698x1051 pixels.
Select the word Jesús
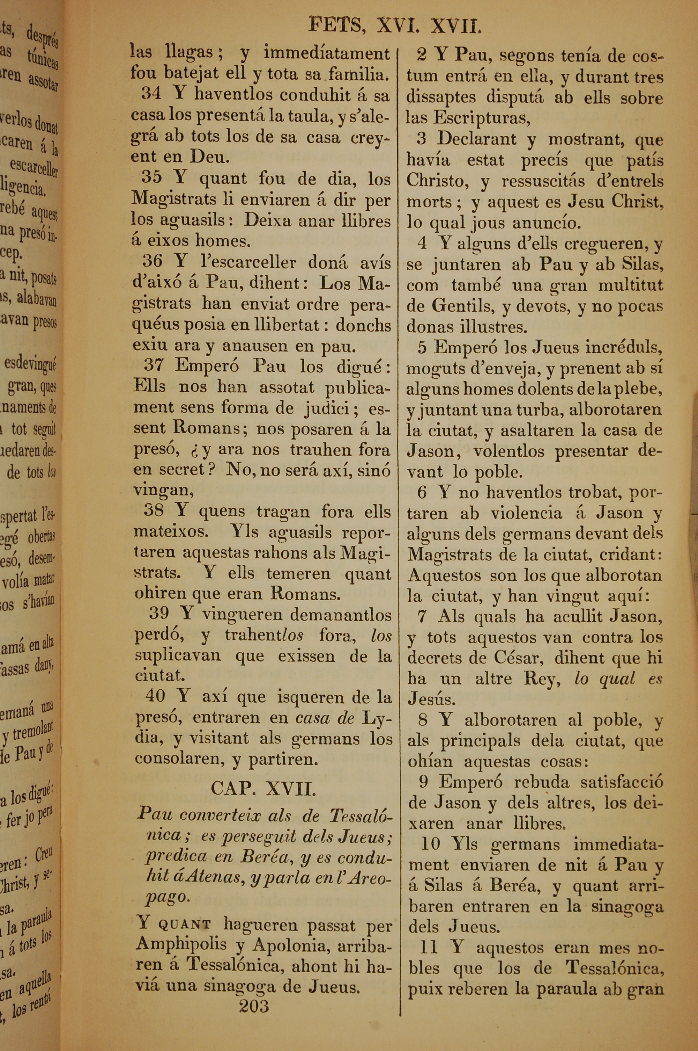click(431, 700)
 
